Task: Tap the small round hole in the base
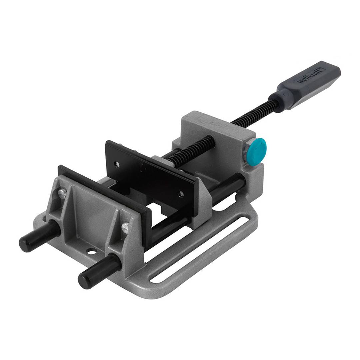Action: point(90,250)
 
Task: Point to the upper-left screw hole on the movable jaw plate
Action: point(117,164)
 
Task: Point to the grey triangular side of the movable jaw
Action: point(203,200)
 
